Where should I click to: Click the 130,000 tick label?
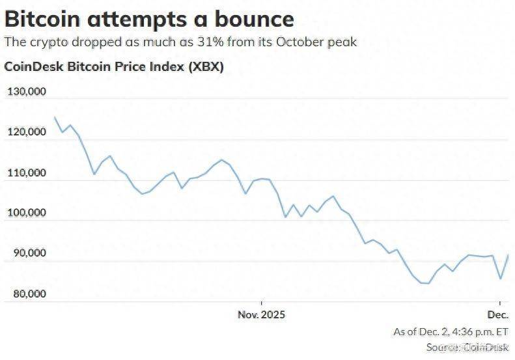pyautogui.click(x=27, y=92)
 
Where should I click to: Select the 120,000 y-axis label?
pyautogui.click(x=27, y=133)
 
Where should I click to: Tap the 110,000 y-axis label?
pyautogui.click(x=27, y=173)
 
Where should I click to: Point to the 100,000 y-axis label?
pyautogui.click(x=27, y=213)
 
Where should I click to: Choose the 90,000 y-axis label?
pyautogui.click(x=29, y=253)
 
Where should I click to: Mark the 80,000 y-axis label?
pyautogui.click(x=29, y=294)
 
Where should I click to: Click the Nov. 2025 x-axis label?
pyautogui.click(x=261, y=314)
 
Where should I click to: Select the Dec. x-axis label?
pyautogui.click(x=498, y=314)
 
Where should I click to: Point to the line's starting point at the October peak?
pyautogui.click(x=55, y=117)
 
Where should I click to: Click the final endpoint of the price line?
pyautogui.click(x=508, y=255)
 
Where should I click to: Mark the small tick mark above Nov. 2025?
pyautogui.click(x=261, y=303)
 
